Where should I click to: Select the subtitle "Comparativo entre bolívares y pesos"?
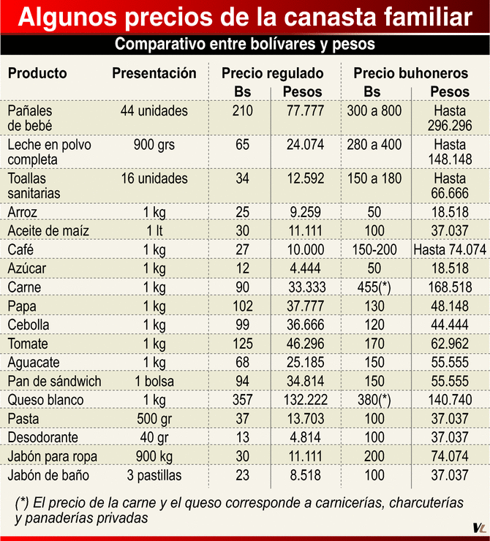(244, 45)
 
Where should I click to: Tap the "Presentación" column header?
(154, 73)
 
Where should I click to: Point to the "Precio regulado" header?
(272, 73)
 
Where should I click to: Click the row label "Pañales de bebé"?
(31, 118)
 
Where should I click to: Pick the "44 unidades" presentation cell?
(154, 111)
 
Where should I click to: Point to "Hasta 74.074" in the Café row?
(450, 249)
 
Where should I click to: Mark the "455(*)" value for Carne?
(374, 287)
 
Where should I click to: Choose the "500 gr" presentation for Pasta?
(154, 418)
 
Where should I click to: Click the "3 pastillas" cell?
(154, 475)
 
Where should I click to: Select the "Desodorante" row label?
(45, 437)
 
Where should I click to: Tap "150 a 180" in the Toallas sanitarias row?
(374, 178)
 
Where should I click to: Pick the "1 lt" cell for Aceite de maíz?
(154, 231)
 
